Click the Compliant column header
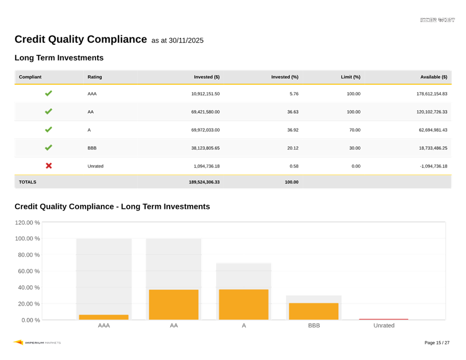30,77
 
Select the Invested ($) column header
207,77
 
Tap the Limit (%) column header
351,77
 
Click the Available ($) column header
433,77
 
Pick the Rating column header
94,77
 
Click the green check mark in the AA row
49,111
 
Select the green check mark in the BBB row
49,148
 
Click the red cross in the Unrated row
49,166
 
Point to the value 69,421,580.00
205,112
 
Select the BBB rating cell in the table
92,148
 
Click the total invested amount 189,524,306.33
204,182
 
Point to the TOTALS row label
28,182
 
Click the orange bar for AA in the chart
173,305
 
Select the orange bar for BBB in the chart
313,311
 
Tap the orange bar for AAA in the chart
104,317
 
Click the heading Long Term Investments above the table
59,58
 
